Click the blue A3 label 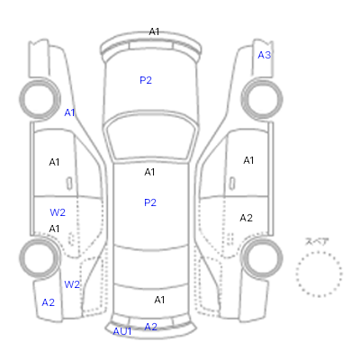click(x=265, y=55)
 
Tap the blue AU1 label click(x=122, y=331)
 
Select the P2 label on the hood click(x=146, y=80)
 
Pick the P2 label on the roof click(x=150, y=202)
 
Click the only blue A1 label click(x=69, y=112)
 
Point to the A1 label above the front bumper click(x=154, y=31)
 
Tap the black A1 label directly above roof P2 click(x=149, y=172)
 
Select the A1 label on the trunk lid click(x=159, y=300)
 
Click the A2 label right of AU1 click(x=150, y=327)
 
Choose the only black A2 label click(x=246, y=218)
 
